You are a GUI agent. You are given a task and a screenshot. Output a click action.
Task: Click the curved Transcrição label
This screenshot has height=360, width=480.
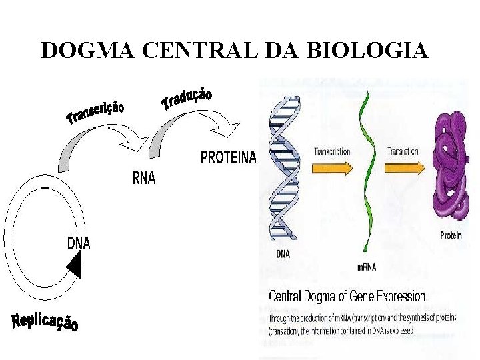coord(95,112)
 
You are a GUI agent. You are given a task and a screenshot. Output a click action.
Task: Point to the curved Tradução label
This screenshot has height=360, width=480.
coord(187,98)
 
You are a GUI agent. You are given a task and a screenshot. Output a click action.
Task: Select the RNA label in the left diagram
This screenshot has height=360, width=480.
coord(144,179)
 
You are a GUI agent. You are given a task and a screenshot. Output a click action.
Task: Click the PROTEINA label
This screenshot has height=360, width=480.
coord(228,158)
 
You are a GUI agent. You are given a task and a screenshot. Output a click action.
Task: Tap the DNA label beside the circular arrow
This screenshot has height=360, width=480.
coord(79,243)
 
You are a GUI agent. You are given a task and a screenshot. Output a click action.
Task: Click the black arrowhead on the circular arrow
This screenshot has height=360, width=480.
coord(74,267)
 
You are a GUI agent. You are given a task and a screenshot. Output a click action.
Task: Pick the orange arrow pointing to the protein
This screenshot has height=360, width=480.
coord(404,169)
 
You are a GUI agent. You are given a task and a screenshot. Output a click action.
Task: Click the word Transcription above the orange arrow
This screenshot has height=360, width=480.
coord(332,151)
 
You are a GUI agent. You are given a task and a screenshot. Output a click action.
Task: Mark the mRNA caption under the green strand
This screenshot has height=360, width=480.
coord(367,267)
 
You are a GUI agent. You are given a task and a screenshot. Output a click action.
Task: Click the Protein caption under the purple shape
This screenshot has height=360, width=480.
coord(451,236)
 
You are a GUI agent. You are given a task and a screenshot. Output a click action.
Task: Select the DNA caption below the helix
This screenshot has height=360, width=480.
coord(283,253)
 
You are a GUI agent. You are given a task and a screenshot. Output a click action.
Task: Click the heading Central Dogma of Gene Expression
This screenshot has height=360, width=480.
coord(347,296)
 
